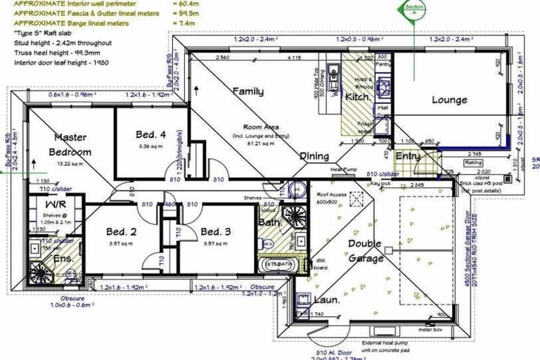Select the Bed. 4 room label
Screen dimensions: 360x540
pos(151,134)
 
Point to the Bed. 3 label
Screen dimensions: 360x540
pos(215,231)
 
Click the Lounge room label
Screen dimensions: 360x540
pos(449,100)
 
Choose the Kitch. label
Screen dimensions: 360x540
pos(358,97)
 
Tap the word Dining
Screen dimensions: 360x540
pos(314,156)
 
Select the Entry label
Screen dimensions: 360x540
pos(408,156)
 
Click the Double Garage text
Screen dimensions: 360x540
pos(364,251)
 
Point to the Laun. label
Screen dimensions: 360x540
pos(326,299)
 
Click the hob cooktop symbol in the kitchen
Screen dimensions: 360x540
pos(384,86)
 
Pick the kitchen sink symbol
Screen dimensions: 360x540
pos(334,89)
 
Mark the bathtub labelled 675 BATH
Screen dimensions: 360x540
pos(280,264)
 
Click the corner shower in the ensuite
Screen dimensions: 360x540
pos(37,271)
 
